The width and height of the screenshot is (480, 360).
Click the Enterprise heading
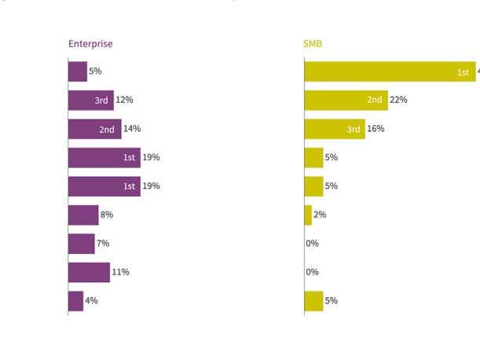[x=90, y=44]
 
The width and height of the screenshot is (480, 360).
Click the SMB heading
[x=313, y=44]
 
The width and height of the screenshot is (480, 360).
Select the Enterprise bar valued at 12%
[x=90, y=101]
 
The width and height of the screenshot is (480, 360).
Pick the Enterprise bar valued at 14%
[x=94, y=129]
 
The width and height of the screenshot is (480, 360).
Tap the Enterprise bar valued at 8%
[x=83, y=215]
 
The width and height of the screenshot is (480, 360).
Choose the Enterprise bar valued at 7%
[x=81, y=244]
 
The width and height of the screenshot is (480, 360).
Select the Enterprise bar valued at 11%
[x=89, y=272]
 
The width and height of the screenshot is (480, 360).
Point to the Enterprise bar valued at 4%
[x=75, y=301]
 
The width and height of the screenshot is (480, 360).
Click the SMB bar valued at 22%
[x=346, y=101]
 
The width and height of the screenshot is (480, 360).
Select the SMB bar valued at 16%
[x=334, y=129]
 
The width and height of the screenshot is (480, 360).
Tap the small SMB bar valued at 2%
[x=308, y=215]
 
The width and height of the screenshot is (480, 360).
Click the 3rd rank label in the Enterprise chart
[x=102, y=101]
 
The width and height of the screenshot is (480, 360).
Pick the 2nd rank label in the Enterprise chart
[x=108, y=129]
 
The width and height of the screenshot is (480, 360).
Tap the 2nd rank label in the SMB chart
[x=375, y=101]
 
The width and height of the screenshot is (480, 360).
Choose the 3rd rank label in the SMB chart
[x=354, y=129]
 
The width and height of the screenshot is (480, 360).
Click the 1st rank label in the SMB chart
[x=464, y=72]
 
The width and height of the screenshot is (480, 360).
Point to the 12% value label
[x=124, y=101]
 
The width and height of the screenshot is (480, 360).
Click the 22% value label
[x=398, y=101]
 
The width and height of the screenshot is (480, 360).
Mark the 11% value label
[x=120, y=272]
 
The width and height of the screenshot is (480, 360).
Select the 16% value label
[x=376, y=129]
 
